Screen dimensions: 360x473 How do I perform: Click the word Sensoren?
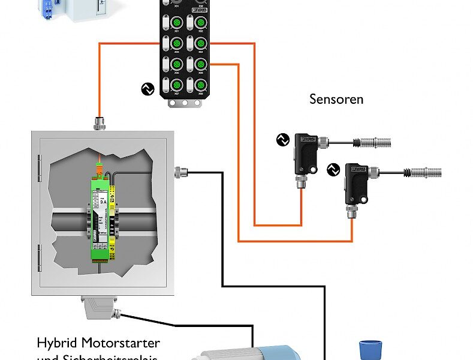click(x=336, y=99)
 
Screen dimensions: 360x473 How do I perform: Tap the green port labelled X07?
click(x=177, y=84)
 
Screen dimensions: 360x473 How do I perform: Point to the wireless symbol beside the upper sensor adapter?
click(x=282, y=140)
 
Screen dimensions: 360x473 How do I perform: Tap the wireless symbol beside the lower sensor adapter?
click(x=333, y=170)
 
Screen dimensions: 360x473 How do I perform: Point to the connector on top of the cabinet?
click(x=100, y=124)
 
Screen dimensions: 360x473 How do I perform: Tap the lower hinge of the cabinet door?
click(x=40, y=257)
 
